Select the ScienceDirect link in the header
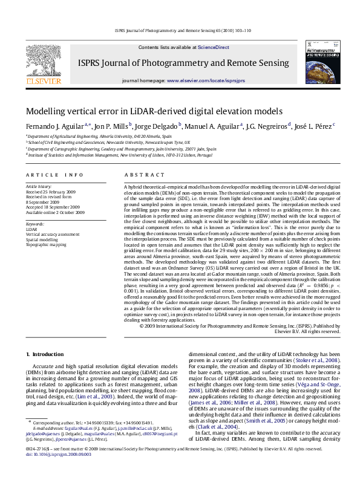(214, 47)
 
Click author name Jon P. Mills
(111, 126)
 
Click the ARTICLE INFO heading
(54, 175)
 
